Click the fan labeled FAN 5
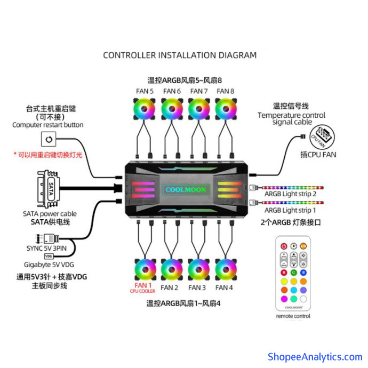coord(144,110)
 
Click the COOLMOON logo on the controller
coord(185,189)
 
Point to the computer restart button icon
coord(49,140)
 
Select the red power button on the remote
coord(284,246)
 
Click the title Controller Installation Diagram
coord(180,55)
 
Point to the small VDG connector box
coord(49,256)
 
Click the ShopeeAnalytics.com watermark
coord(315,357)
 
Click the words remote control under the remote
coord(293,316)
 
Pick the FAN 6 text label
coord(172,91)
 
